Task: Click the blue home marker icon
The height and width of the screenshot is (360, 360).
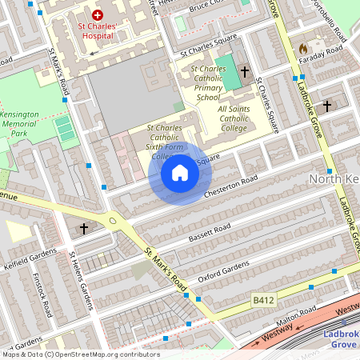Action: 179,173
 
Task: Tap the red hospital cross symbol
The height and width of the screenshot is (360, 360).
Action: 98,14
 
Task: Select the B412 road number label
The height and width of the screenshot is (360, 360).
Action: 262,300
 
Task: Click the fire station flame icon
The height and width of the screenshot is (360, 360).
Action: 303,49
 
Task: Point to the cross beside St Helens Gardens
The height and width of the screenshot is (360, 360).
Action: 84,229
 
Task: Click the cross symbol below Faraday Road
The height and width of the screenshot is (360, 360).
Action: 326,106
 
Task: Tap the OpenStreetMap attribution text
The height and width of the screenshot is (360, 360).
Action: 80,354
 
